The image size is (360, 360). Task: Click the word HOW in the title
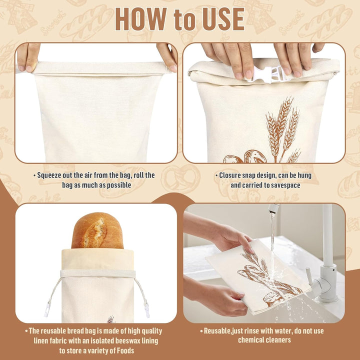pyautogui.click(x=140, y=19)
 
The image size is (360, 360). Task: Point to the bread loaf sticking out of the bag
pyautogui.click(x=97, y=230)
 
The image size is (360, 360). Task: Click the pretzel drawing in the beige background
pyautogui.click(x=180, y=178)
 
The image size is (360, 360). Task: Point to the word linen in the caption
pyautogui.click(x=41, y=340)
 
